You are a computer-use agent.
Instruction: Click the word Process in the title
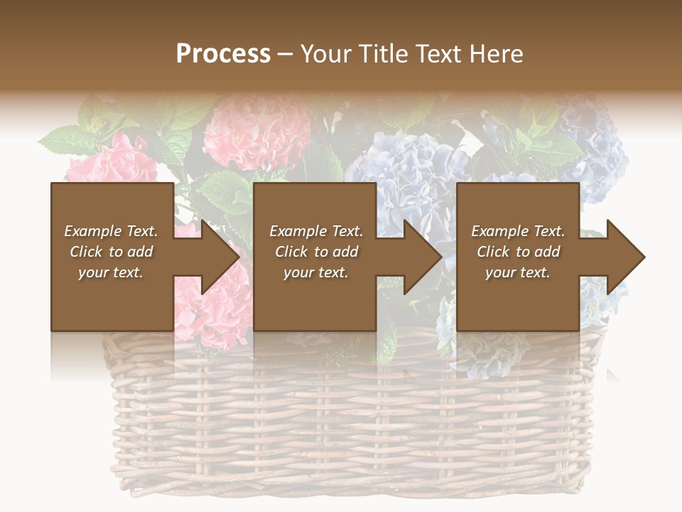[223, 54]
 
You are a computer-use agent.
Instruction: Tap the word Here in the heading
[495, 54]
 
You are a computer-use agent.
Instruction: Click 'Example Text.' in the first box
[111, 231]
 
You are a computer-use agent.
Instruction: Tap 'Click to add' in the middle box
[316, 252]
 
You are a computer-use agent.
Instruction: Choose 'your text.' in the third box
[518, 272]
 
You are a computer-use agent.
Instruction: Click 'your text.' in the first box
[111, 272]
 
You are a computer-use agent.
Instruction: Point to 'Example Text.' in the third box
[518, 231]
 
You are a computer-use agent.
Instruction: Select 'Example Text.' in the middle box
[316, 231]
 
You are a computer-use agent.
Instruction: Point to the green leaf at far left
[64, 139]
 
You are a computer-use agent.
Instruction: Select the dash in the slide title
[286, 54]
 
